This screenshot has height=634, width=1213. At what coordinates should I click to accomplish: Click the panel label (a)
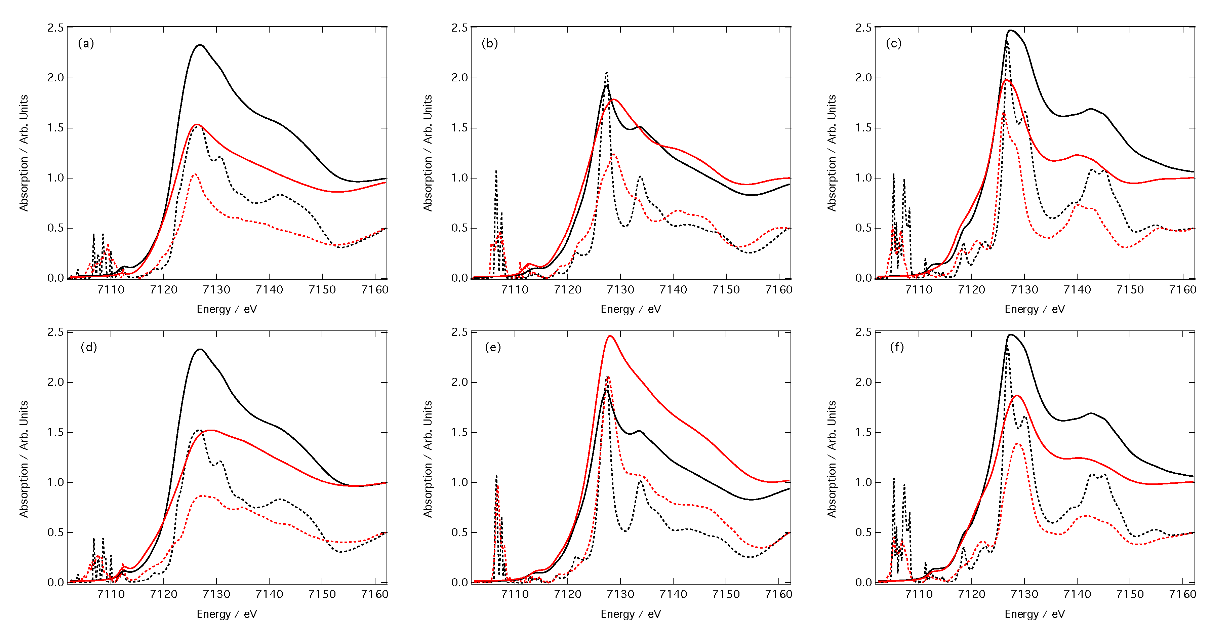(x=86, y=43)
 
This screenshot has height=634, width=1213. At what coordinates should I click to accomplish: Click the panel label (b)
(x=490, y=43)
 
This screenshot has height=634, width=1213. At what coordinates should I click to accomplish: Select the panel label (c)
(x=894, y=43)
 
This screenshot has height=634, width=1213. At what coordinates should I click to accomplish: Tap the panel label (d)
(x=88, y=348)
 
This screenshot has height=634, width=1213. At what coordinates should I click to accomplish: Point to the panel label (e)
(x=492, y=348)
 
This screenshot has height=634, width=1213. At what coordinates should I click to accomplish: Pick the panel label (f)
(x=897, y=348)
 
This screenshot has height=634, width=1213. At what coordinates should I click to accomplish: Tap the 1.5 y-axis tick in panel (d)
(x=55, y=432)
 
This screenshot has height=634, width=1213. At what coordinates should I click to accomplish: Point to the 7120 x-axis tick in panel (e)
(x=567, y=594)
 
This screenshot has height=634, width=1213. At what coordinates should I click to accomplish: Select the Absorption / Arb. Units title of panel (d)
(x=24, y=459)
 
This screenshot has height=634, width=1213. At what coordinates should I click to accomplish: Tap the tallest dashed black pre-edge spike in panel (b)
(x=496, y=171)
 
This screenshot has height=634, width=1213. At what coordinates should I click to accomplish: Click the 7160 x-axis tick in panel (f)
(x=1182, y=594)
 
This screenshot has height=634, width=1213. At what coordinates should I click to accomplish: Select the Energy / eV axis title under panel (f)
(x=1035, y=614)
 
